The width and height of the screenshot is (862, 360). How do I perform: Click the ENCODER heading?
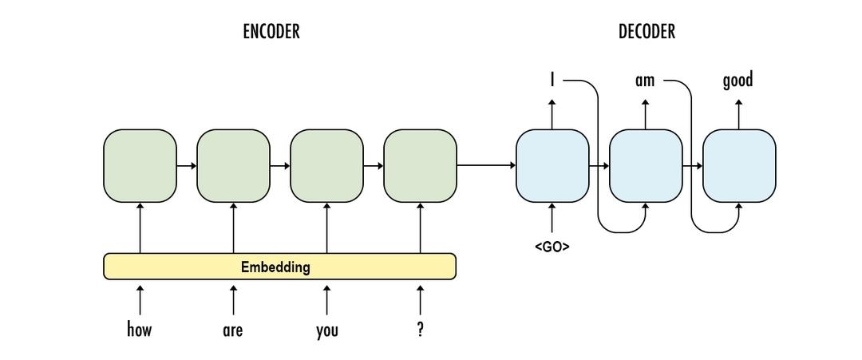tap(271, 32)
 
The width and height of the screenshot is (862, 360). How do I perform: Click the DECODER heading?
tap(646, 32)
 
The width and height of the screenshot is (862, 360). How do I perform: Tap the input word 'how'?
tap(140, 329)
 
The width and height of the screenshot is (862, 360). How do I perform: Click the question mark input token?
tap(421, 329)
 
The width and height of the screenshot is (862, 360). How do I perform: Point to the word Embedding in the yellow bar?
tap(275, 267)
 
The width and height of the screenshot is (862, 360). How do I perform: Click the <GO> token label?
tap(552, 247)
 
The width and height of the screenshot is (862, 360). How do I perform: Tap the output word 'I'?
tap(552, 80)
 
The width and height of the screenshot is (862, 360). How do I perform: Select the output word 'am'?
tap(645, 81)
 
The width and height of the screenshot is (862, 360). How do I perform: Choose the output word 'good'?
tap(737, 81)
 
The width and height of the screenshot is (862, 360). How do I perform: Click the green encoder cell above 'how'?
tap(140, 166)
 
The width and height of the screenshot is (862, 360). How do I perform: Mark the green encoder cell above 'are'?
tap(233, 166)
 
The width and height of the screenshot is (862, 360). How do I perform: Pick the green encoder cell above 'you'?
tap(326, 166)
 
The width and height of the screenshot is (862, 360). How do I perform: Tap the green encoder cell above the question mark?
tap(421, 166)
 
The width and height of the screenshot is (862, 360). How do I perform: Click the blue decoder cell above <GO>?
tap(552, 166)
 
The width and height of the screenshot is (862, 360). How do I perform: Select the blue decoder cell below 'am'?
tap(646, 166)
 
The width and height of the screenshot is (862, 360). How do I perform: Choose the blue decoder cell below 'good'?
tap(739, 166)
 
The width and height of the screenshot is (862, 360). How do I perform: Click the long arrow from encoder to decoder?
tap(486, 166)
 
